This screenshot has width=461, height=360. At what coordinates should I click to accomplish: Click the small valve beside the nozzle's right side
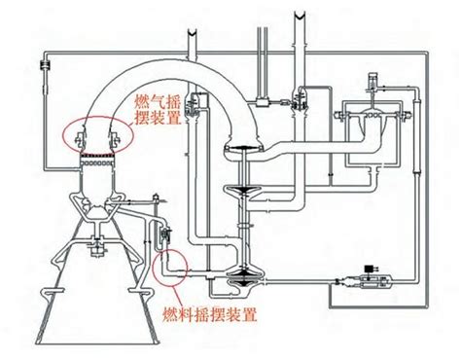point(164,236)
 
